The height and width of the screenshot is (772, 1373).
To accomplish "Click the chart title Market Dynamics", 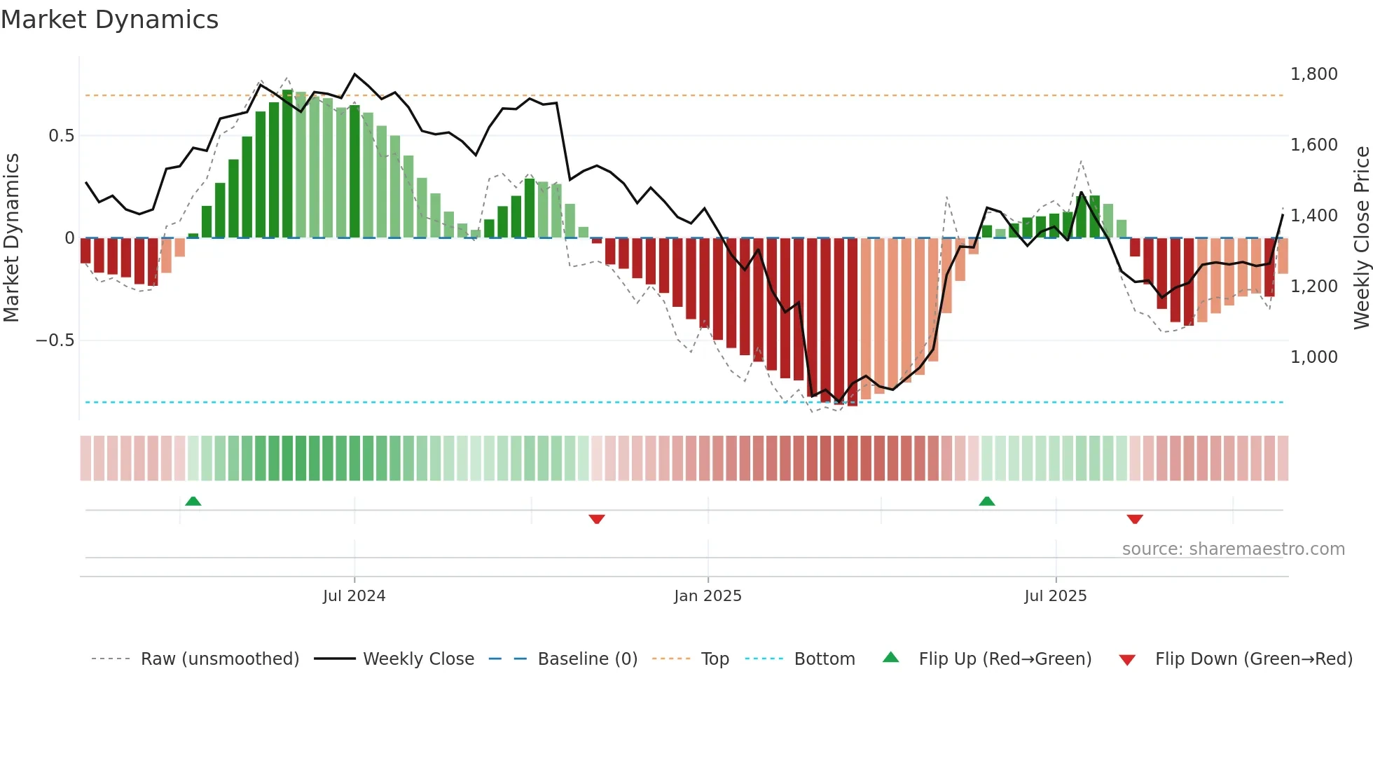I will (x=109, y=20).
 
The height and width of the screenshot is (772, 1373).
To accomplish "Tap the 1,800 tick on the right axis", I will (x=1313, y=74).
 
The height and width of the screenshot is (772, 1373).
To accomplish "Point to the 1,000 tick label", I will (x=1313, y=357).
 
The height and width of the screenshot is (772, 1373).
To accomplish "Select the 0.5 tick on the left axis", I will (x=61, y=136).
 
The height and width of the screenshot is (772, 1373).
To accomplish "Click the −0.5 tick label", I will (x=55, y=340).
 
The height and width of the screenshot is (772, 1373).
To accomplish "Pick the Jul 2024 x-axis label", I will (x=354, y=596).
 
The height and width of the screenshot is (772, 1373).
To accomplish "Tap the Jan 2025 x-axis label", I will (x=708, y=596).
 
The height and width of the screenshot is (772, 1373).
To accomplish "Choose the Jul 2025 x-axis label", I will (x=1055, y=596).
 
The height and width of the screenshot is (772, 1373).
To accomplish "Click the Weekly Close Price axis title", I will (x=1361, y=238).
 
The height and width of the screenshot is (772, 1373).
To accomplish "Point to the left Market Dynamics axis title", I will (x=11, y=238).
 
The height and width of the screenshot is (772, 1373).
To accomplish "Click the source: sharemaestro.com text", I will (x=1233, y=549).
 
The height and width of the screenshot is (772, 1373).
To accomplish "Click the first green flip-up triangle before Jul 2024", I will (x=193, y=501).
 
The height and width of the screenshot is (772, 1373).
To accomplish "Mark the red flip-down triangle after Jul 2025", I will (x=1135, y=519).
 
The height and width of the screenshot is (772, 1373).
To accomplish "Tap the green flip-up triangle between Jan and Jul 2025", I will (x=986, y=501).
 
